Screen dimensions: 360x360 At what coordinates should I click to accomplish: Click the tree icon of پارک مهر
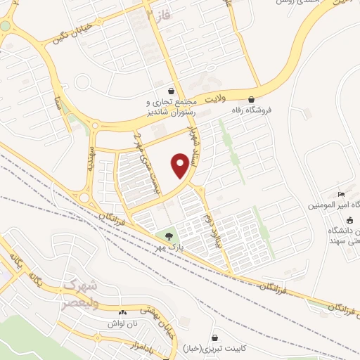(x=167, y=236)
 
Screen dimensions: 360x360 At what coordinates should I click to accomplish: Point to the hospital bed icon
(x=342, y=194)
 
